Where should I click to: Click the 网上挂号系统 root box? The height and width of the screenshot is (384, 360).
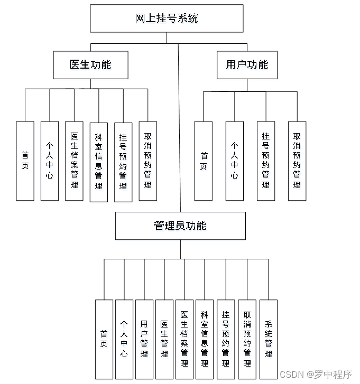167,18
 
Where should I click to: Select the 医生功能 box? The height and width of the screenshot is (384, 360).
90,64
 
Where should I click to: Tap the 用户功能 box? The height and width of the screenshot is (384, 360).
247,64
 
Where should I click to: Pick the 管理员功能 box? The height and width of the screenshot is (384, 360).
180,226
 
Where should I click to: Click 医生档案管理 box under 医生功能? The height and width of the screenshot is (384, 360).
74,161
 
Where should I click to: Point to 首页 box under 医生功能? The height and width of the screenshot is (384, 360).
25,161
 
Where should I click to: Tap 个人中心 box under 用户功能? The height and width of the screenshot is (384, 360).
234,161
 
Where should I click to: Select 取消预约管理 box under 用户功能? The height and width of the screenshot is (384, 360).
297,161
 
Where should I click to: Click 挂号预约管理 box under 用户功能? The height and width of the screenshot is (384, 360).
266,161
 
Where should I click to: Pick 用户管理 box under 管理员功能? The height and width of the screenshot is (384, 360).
144,339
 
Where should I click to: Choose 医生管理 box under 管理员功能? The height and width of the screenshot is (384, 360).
164,339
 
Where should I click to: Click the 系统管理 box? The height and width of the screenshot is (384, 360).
269,339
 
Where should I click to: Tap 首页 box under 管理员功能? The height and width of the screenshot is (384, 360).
104,339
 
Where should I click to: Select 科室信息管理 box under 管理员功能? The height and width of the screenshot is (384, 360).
205,339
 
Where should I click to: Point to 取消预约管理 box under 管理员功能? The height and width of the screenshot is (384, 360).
247,339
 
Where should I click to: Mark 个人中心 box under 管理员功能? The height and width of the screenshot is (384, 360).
124,339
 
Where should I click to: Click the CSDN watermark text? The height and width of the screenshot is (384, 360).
316,374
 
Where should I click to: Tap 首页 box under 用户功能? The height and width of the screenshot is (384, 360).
204,161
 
